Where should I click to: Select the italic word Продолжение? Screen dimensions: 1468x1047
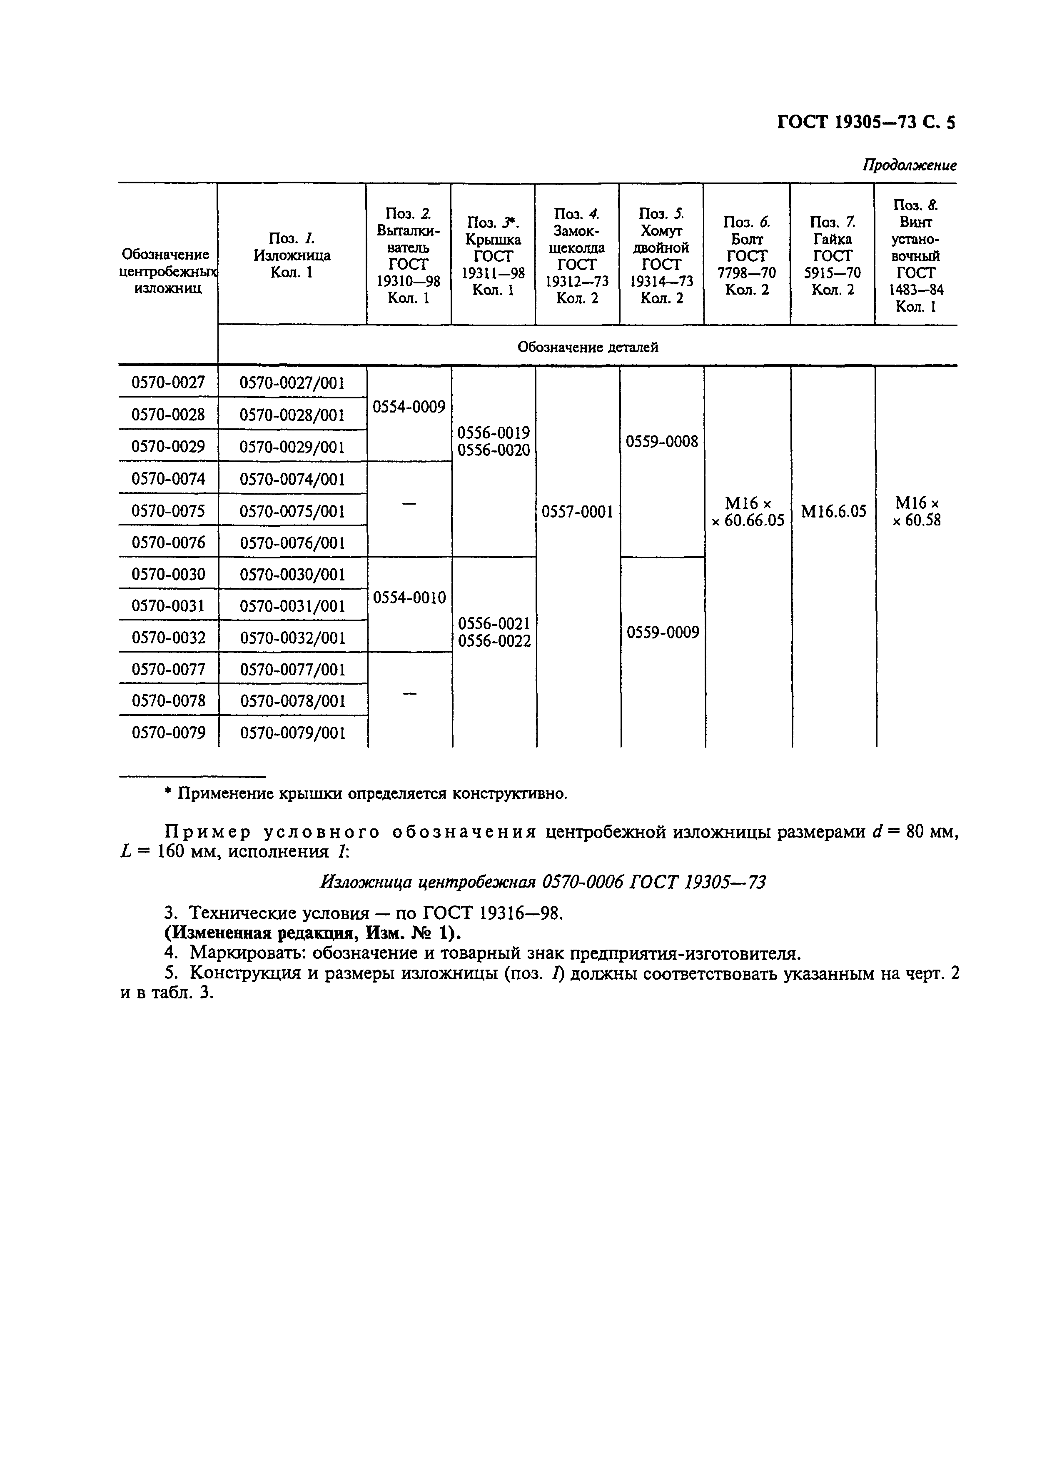909,165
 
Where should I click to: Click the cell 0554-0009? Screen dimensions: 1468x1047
409,408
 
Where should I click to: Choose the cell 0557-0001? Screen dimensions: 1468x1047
577,512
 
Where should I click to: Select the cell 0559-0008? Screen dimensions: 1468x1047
661,442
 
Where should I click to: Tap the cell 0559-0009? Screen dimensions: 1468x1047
663,632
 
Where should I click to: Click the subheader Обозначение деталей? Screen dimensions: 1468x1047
587,347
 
